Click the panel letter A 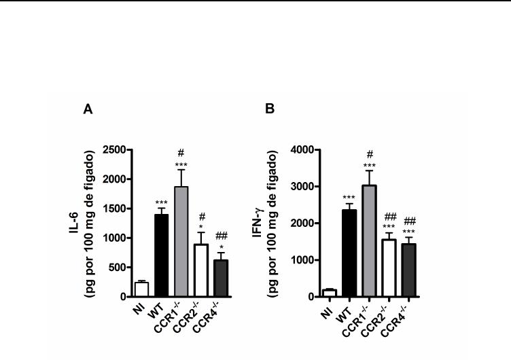tap(88, 109)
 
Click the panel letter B tap(270, 109)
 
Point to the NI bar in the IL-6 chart tap(141, 289)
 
